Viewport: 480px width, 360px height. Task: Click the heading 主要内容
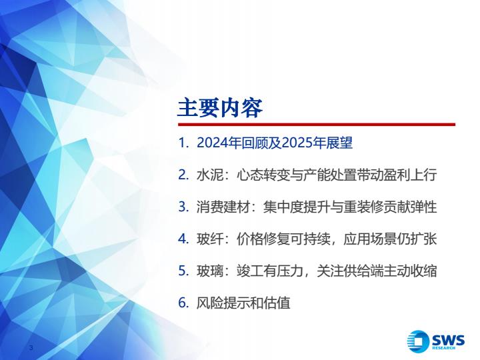[x=220, y=108]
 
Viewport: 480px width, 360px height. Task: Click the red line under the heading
[x=317, y=124]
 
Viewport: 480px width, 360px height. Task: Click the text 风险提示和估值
[x=243, y=303]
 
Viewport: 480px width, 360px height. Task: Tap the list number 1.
[x=183, y=143]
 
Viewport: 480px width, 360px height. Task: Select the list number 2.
[x=183, y=175]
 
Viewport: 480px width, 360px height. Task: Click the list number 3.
[x=183, y=207]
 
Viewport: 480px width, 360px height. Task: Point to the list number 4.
[x=183, y=239]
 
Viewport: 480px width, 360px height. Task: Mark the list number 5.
[x=183, y=271]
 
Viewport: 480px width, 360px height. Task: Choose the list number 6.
[x=183, y=303]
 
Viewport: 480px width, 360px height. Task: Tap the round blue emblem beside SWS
[x=418, y=341]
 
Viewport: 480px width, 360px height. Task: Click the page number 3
[x=31, y=347]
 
